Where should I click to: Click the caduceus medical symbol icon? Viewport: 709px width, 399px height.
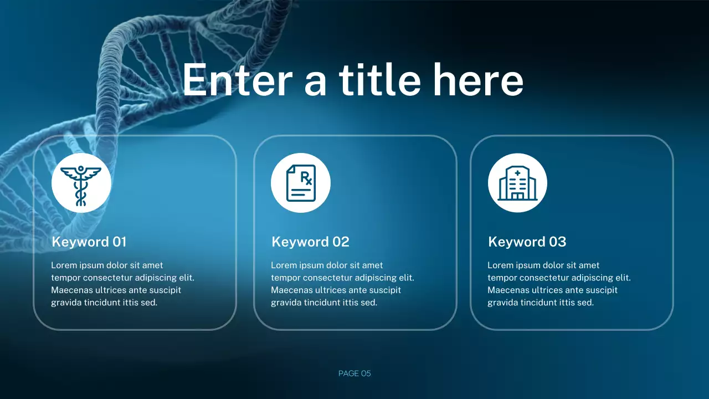(x=81, y=183)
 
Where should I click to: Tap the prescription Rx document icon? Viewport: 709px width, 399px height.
(x=301, y=183)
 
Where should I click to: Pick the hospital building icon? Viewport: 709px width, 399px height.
(x=517, y=183)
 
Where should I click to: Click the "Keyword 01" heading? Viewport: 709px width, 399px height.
(x=89, y=242)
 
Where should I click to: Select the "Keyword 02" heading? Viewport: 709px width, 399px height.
(x=310, y=242)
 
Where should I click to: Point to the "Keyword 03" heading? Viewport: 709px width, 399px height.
(x=527, y=242)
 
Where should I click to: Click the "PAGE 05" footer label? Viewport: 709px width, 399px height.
(x=354, y=374)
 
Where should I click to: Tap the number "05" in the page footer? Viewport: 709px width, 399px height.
(x=366, y=374)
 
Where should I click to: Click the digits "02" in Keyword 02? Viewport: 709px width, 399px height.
(x=341, y=242)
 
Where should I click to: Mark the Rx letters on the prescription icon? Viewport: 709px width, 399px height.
(x=306, y=178)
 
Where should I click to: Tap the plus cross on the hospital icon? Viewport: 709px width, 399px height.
(x=517, y=173)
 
